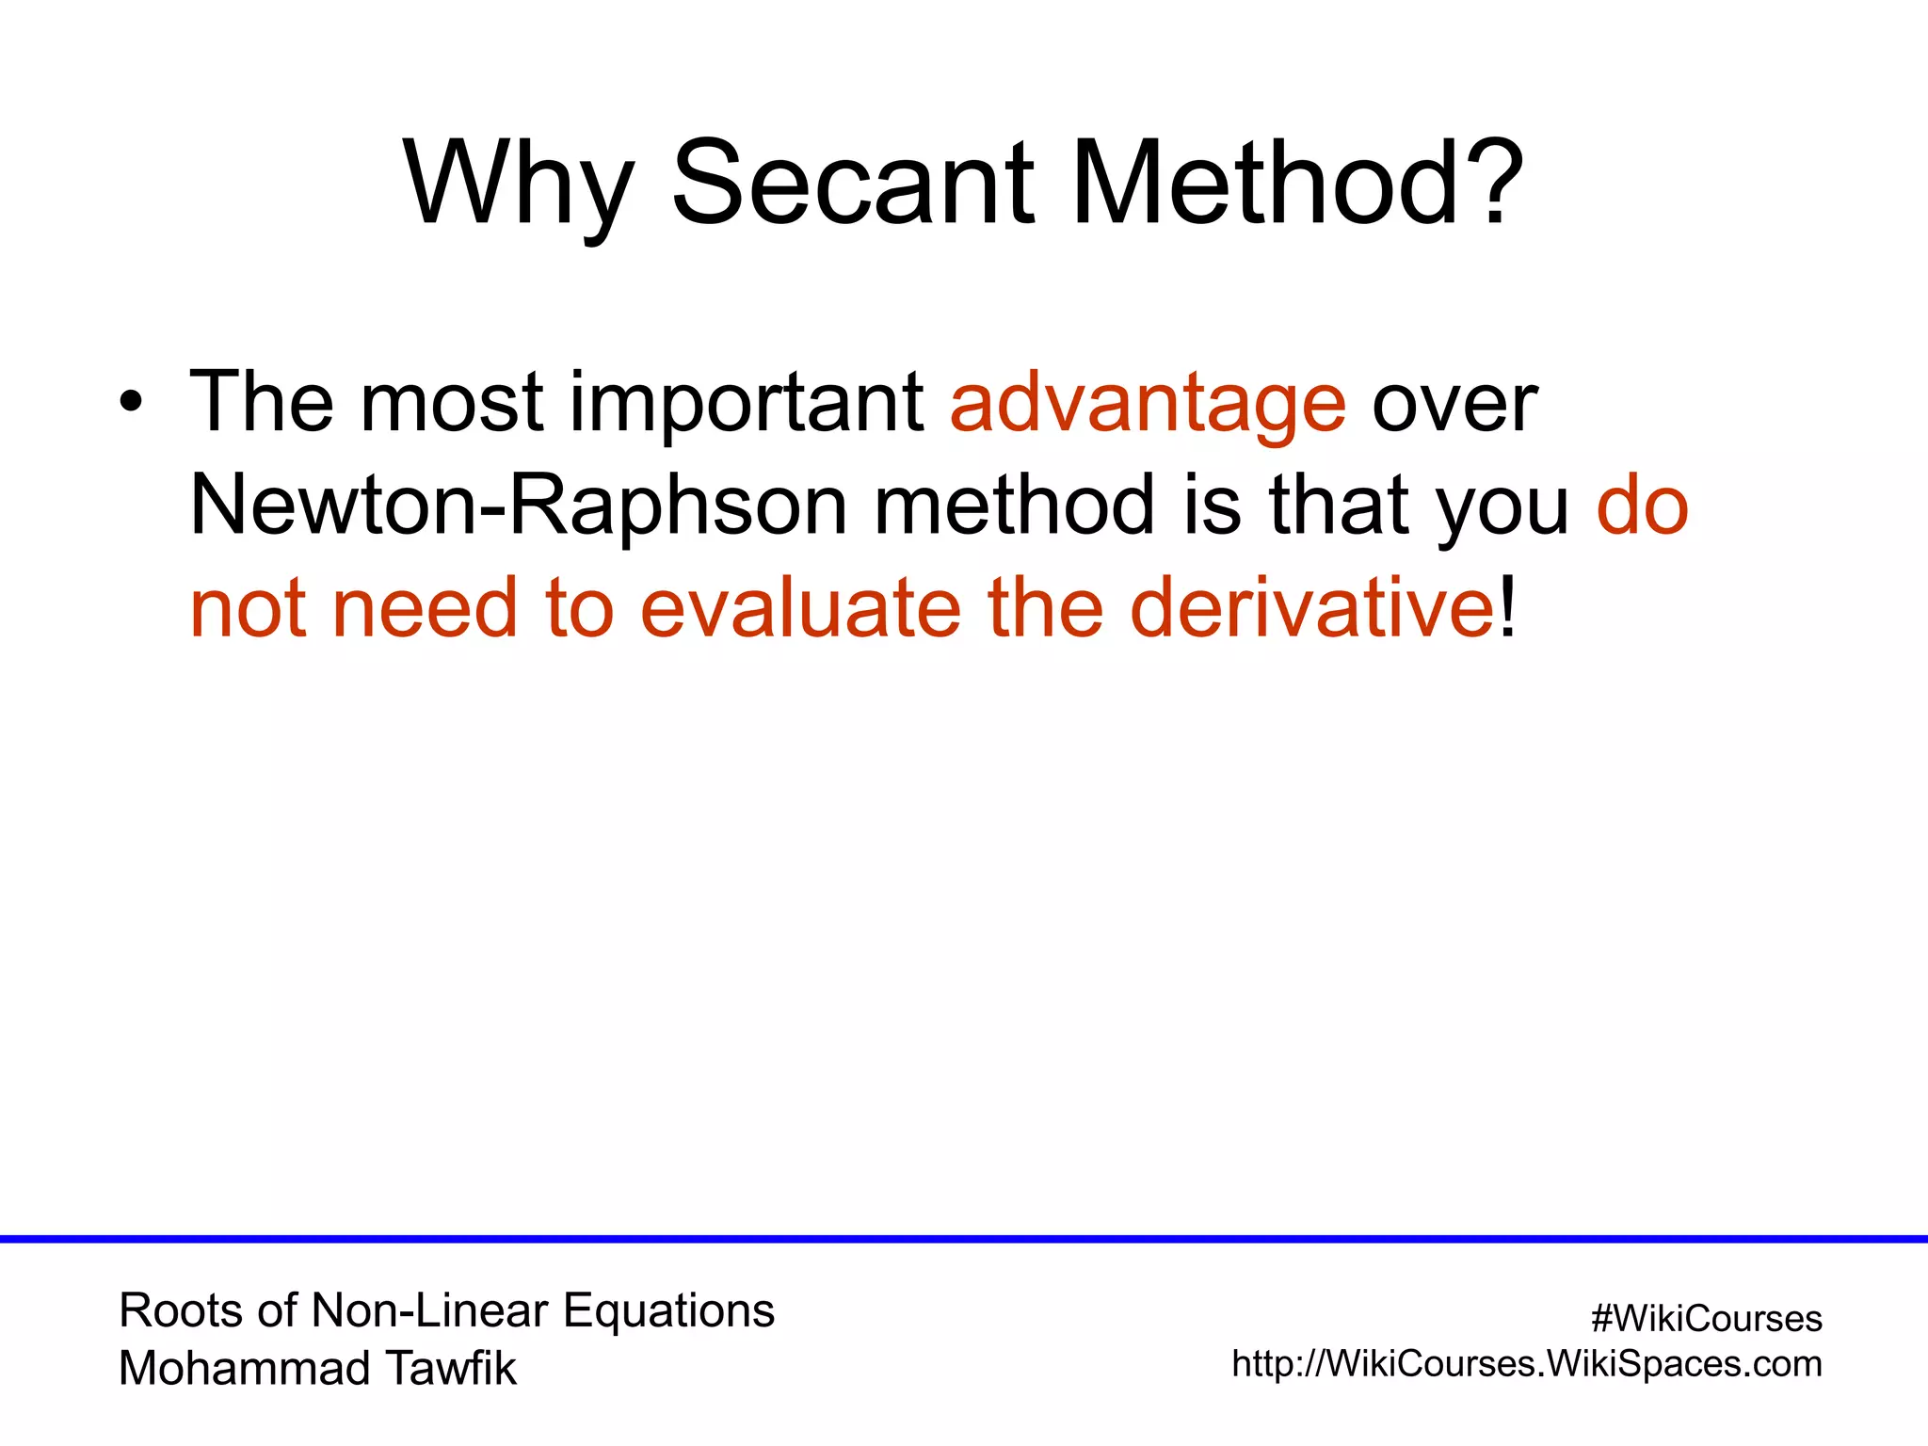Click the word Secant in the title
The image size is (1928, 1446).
click(x=852, y=184)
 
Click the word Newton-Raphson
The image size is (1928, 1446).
click(x=519, y=506)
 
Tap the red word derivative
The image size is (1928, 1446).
click(x=1311, y=607)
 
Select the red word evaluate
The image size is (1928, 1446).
click(x=800, y=607)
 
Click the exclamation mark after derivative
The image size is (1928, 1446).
click(x=1507, y=607)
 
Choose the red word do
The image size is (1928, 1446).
click(x=1643, y=506)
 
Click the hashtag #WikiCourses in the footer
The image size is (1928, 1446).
click(x=1706, y=1319)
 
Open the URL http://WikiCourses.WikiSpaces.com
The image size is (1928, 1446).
click(x=1527, y=1364)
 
